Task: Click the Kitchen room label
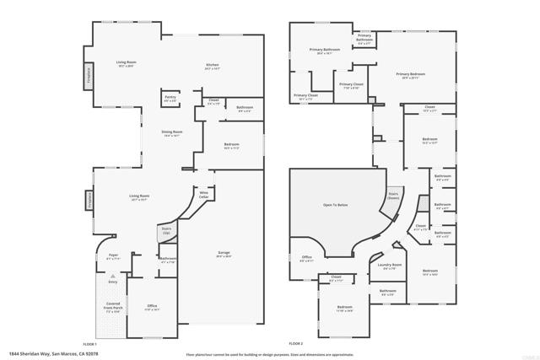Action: click(x=213, y=65)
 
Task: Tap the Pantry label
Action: click(x=170, y=97)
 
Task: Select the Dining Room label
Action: click(x=173, y=132)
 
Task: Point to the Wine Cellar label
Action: click(x=203, y=195)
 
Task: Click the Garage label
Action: click(x=223, y=253)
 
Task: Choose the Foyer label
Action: click(x=113, y=255)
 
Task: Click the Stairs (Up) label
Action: click(x=166, y=229)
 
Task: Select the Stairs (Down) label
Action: click(x=393, y=195)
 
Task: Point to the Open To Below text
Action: click(x=335, y=205)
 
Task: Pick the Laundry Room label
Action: click(x=390, y=265)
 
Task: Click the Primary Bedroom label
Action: click(x=411, y=74)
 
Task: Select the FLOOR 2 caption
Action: click(x=295, y=344)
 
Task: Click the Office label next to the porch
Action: click(x=152, y=305)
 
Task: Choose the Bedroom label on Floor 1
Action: click(x=232, y=144)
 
